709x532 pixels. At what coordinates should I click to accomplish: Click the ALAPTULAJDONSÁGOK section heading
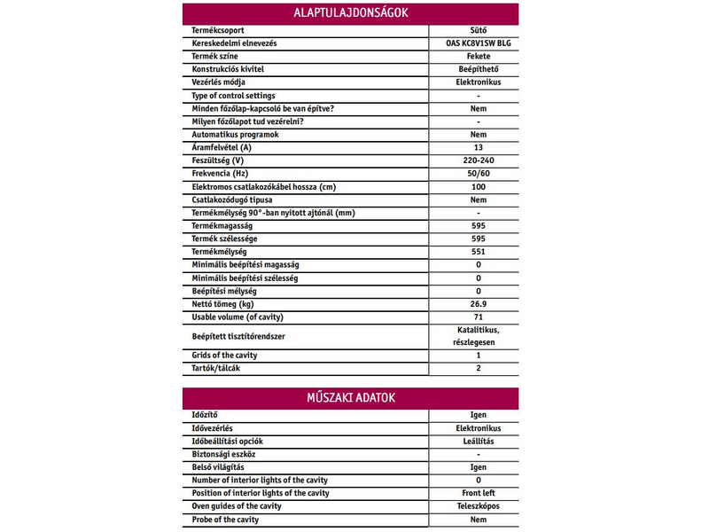tap(351, 13)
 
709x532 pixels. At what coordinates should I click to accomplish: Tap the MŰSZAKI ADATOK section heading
tap(351, 397)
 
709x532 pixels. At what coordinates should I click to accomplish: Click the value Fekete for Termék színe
tap(478, 56)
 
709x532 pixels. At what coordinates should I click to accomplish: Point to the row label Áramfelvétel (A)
tap(222, 147)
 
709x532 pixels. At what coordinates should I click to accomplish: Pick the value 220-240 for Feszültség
tap(478, 160)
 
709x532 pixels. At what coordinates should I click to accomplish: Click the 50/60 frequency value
tap(478, 174)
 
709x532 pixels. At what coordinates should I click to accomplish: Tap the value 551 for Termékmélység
tap(478, 252)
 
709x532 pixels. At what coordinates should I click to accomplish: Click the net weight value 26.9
tap(478, 304)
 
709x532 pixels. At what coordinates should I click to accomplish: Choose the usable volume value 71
tap(478, 317)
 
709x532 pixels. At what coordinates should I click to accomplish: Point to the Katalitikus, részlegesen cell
tap(478, 336)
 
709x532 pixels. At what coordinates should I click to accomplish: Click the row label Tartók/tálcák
tap(216, 368)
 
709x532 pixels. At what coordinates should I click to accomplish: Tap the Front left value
tap(478, 493)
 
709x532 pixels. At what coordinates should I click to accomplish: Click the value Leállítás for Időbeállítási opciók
tap(478, 441)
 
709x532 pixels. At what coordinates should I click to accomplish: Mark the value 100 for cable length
tap(478, 187)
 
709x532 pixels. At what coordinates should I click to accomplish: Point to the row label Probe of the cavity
tap(225, 520)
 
